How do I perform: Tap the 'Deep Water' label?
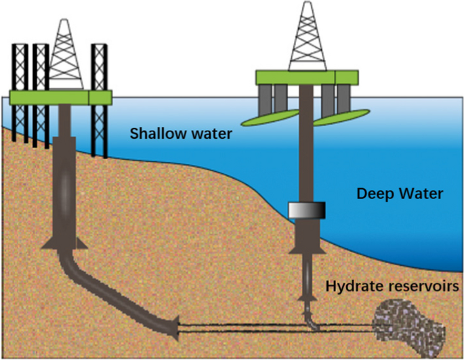(400, 194)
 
